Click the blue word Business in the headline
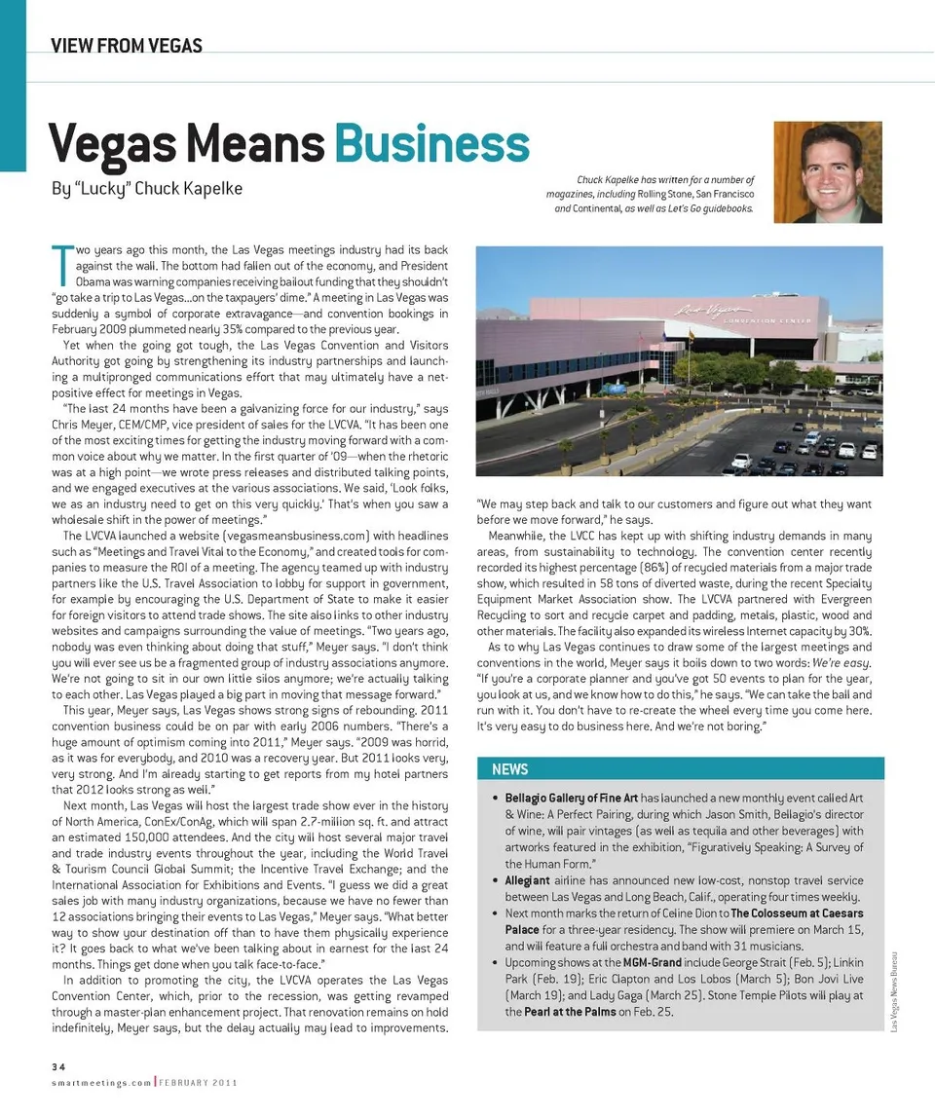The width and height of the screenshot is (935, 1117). click(x=431, y=144)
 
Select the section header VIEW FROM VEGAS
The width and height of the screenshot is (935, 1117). click(x=127, y=45)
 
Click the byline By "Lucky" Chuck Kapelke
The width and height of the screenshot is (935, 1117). click(x=146, y=188)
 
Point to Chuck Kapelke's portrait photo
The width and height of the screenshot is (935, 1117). click(x=827, y=172)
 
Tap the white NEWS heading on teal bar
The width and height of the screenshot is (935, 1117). click(x=509, y=769)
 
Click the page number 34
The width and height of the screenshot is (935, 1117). click(x=58, y=1066)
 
